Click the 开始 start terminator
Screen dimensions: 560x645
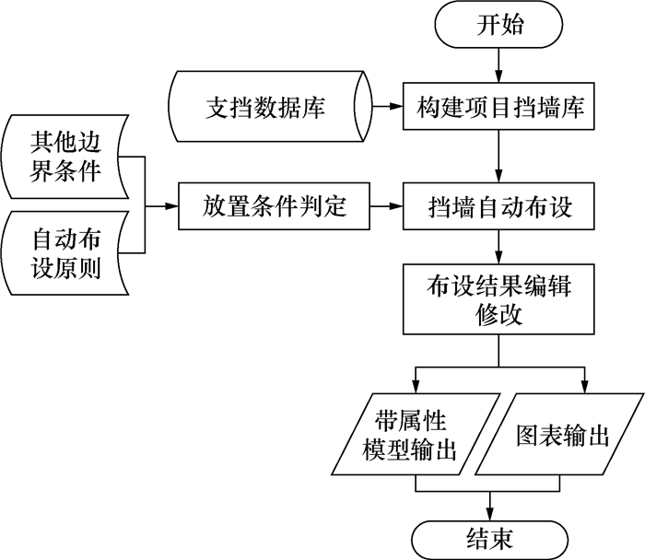[499, 26]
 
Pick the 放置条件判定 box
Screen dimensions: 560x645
[274, 207]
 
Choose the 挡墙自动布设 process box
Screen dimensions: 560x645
[499, 207]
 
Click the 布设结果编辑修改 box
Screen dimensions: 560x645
[499, 299]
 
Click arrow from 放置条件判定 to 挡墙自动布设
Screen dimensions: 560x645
[387, 207]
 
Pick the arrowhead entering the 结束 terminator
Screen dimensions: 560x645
[489, 513]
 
